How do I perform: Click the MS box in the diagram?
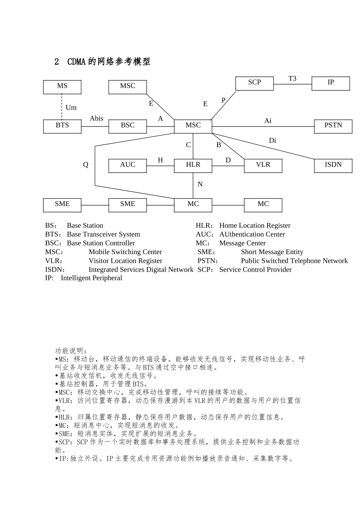pyautogui.click(x=62, y=87)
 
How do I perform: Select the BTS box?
pyautogui.click(x=62, y=126)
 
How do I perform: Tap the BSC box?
pyautogui.click(x=128, y=126)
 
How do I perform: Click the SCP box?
pyautogui.click(x=254, y=83)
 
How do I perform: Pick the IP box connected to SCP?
pyautogui.click(x=330, y=83)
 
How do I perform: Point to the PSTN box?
pyautogui.click(x=333, y=126)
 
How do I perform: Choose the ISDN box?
pyautogui.click(x=333, y=166)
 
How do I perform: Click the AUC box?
pyautogui.click(x=128, y=166)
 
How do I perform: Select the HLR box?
pyautogui.click(x=193, y=166)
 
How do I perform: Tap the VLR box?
pyautogui.click(x=263, y=166)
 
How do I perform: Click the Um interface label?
pyautogui.click(x=71, y=108)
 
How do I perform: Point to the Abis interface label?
pyautogui.click(x=96, y=119)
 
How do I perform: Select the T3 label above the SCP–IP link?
pyautogui.click(x=292, y=79)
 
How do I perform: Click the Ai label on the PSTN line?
pyautogui.click(x=268, y=121)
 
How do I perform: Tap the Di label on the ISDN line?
pyautogui.click(x=272, y=141)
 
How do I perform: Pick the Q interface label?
pyautogui.click(x=86, y=164)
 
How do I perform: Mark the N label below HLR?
pyautogui.click(x=200, y=184)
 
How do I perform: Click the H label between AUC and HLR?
pyautogui.click(x=160, y=160)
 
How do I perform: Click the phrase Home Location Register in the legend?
pyautogui.click(x=255, y=226)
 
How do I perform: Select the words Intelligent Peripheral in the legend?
pyautogui.click(x=91, y=278)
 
